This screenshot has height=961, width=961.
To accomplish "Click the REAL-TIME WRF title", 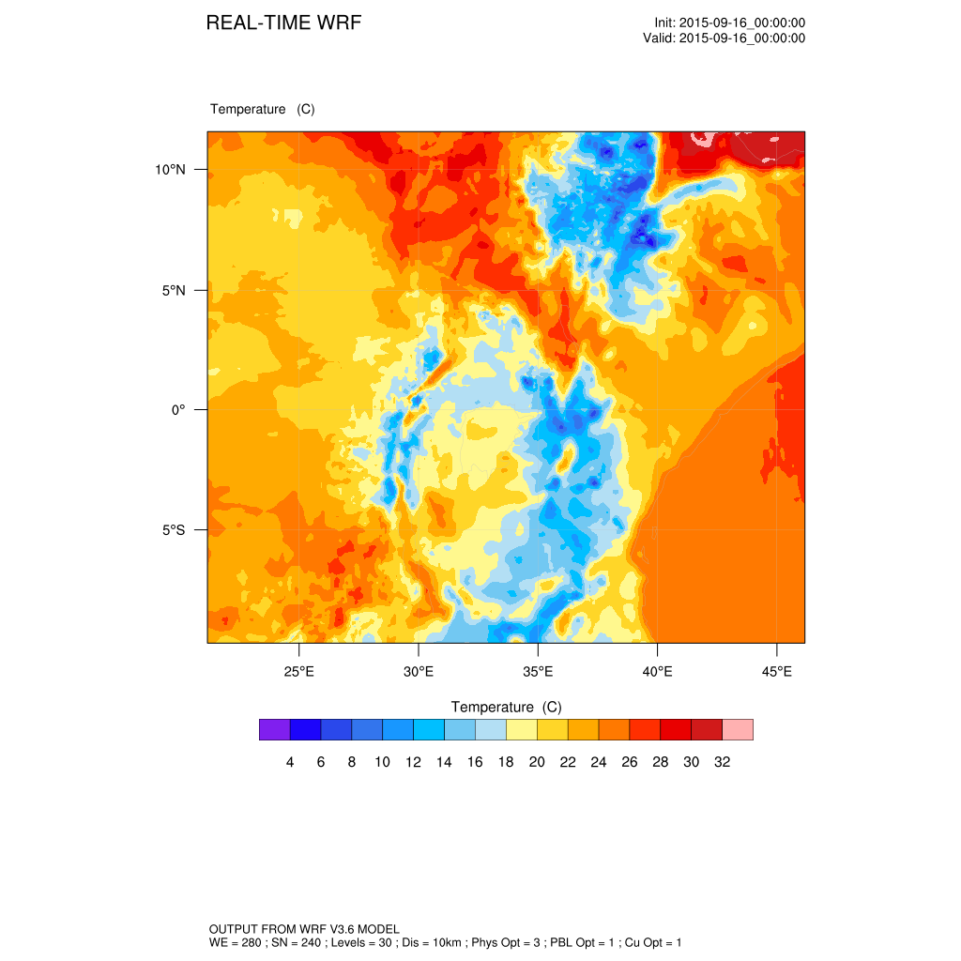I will click(x=283, y=23).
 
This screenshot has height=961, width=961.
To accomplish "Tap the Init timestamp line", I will click(x=730, y=23).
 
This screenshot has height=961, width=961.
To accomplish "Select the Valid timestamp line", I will click(x=724, y=38).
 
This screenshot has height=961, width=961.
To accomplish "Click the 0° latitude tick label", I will click(x=178, y=410).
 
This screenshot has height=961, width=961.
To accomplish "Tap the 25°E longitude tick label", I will click(x=298, y=672).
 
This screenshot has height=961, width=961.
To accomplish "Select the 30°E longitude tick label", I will click(x=418, y=672).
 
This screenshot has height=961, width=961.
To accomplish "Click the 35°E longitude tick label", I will click(x=538, y=672).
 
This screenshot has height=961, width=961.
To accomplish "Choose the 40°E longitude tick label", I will click(x=657, y=672).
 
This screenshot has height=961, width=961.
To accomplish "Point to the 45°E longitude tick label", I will click(x=776, y=672).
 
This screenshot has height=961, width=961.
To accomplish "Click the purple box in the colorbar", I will click(x=274, y=729).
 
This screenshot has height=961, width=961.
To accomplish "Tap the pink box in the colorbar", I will click(x=738, y=729).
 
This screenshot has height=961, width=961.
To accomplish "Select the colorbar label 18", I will click(x=506, y=762).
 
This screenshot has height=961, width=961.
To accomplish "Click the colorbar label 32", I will click(x=722, y=762).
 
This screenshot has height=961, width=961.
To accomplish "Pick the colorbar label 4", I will click(x=290, y=762).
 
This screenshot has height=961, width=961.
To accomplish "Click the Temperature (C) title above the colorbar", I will click(x=506, y=707).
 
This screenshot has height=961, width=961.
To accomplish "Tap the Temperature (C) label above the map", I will click(x=263, y=109).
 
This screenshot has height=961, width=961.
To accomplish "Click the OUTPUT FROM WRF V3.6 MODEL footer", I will click(x=305, y=928).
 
